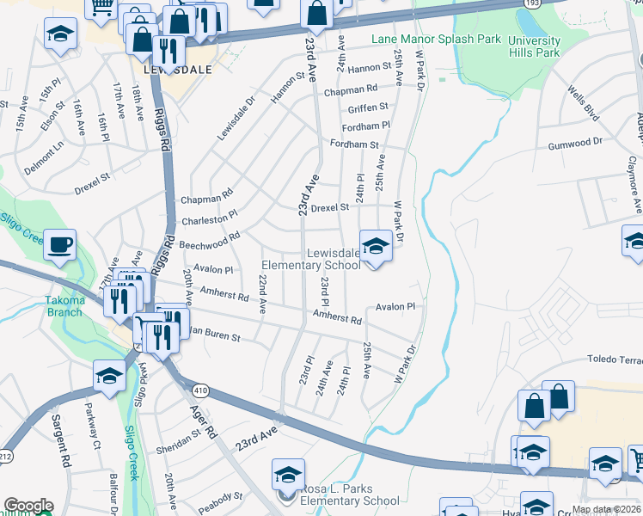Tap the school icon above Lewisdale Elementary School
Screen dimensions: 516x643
[x=375, y=246]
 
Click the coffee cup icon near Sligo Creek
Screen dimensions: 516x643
[x=59, y=244]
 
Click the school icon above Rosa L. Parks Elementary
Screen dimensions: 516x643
[x=288, y=474]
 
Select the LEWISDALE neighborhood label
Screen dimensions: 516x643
[x=175, y=72]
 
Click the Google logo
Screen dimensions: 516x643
[x=28, y=506]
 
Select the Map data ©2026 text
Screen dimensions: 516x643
[x=606, y=509]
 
